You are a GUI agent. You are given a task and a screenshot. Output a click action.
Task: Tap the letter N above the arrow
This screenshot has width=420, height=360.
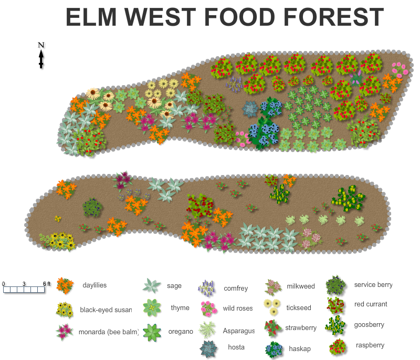(41, 45)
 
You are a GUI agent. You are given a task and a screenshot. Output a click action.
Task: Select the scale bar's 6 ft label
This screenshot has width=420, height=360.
(46, 284)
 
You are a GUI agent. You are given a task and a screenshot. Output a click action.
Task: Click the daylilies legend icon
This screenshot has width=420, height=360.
(65, 285)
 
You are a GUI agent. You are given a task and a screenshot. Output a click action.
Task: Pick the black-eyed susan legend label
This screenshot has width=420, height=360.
(106, 310)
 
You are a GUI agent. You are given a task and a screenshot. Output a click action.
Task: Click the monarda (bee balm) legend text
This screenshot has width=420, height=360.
(109, 332)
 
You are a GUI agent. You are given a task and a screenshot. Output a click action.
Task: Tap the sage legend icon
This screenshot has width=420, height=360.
(152, 285)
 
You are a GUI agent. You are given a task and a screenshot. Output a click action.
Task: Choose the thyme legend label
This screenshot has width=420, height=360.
(180, 308)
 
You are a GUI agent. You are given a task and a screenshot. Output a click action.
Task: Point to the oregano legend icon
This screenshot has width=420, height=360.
(152, 332)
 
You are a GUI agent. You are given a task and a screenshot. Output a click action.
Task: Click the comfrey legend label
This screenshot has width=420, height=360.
(236, 288)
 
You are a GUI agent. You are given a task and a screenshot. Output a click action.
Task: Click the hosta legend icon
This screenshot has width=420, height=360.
(208, 348)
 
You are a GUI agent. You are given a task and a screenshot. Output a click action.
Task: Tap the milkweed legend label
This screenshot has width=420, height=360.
(301, 286)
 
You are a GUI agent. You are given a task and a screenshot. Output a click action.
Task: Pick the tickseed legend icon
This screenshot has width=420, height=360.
(272, 307)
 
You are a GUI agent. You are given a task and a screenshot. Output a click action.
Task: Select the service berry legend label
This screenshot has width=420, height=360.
(373, 285)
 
